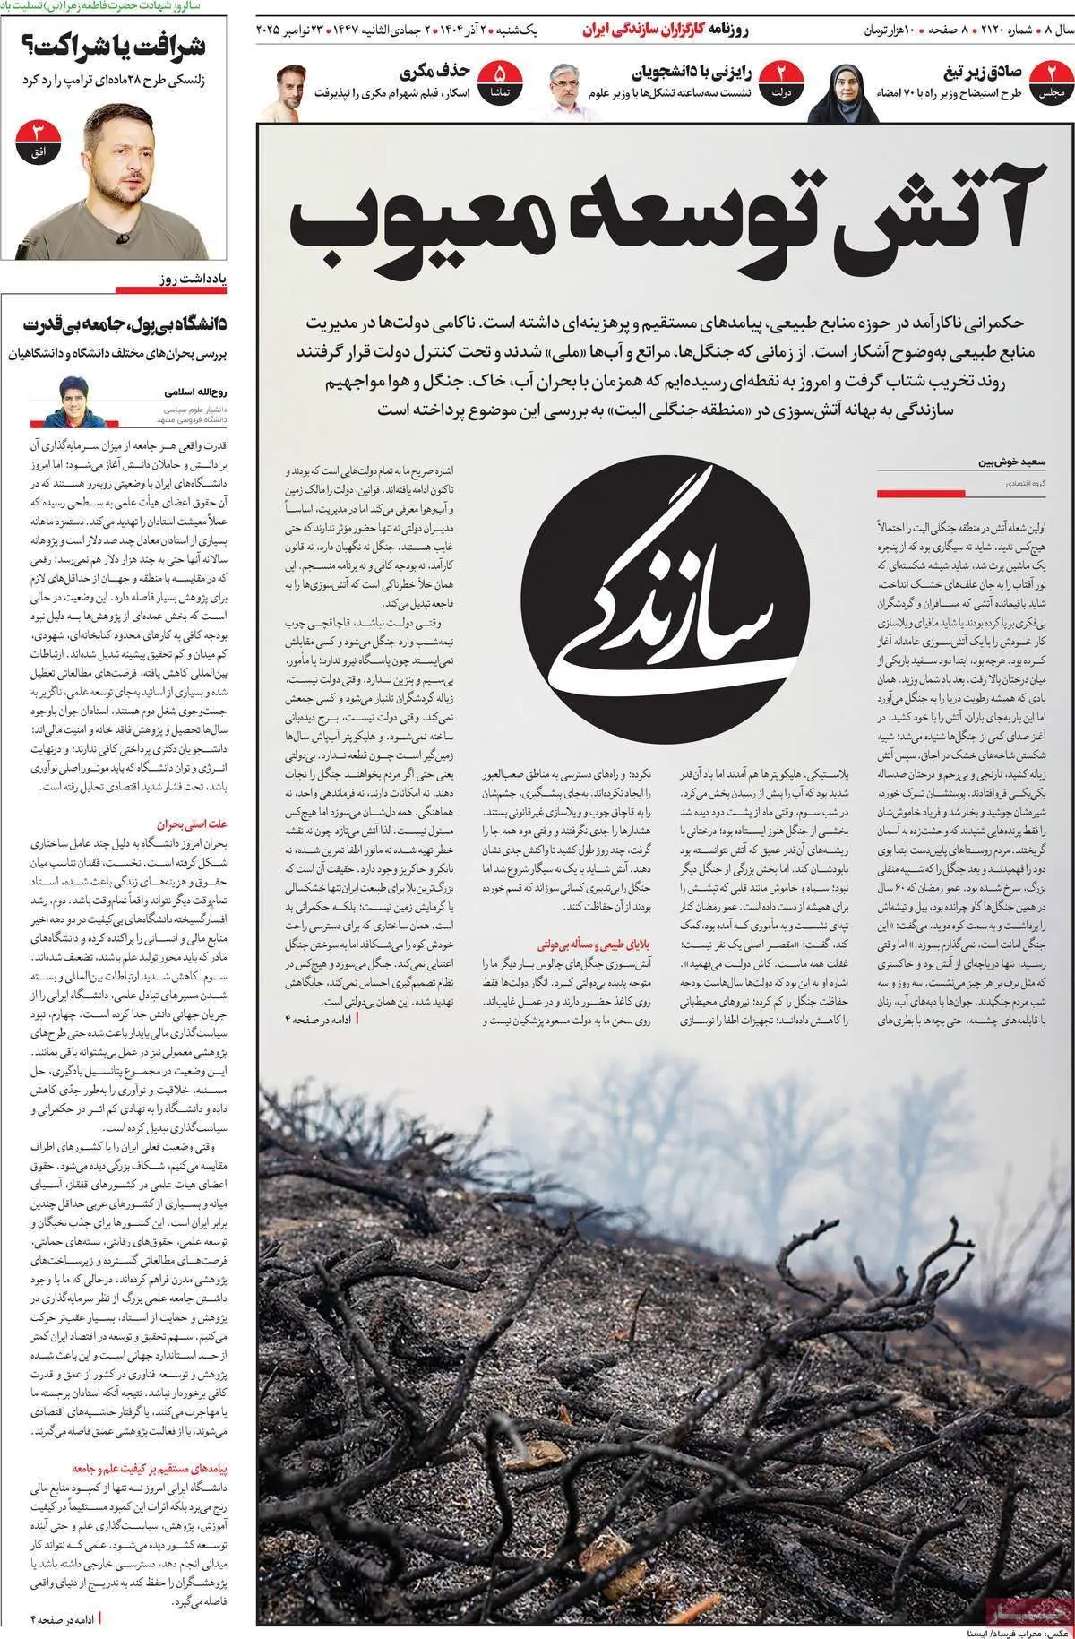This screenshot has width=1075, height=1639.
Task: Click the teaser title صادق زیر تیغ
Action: [983, 73]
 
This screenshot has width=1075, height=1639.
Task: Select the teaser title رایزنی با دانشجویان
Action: [692, 73]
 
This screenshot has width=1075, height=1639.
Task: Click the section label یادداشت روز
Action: [193, 280]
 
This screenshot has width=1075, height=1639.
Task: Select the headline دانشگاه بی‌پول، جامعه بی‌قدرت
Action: [125, 323]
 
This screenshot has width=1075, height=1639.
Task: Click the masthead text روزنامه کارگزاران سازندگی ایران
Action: [666, 30]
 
